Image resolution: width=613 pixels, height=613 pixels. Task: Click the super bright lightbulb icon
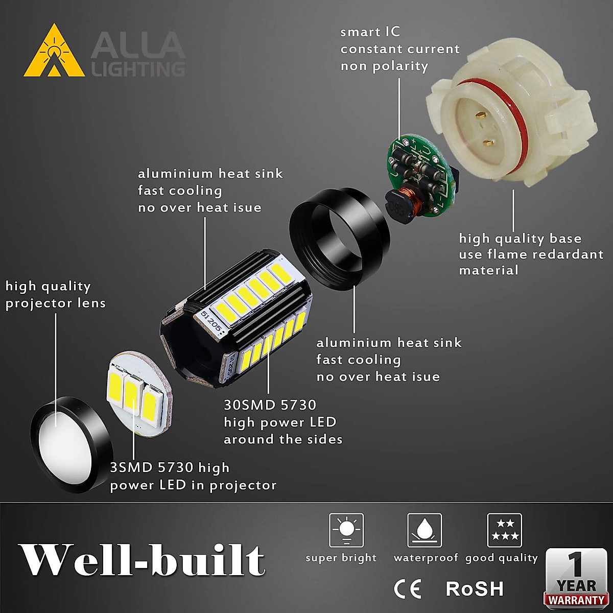tap(346, 530)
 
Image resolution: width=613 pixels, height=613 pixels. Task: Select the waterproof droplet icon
tap(424, 530)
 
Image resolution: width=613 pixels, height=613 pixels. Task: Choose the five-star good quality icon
tap(504, 530)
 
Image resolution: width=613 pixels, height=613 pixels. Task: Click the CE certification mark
tap(408, 589)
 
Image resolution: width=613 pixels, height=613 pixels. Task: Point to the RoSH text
tap(475, 589)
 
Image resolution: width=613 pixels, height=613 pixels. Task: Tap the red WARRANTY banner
tap(576, 600)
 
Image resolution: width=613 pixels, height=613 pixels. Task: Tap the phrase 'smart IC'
tap(370, 32)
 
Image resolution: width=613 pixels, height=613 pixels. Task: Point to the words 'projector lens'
tap(55, 303)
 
